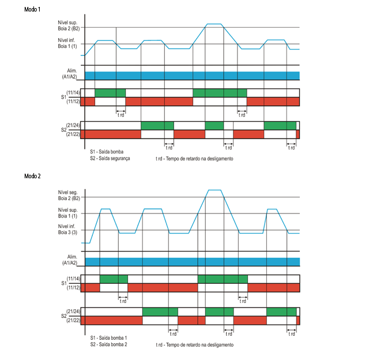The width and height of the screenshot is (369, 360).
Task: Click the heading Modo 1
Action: point(32,10)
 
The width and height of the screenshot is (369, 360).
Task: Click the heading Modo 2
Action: point(32,175)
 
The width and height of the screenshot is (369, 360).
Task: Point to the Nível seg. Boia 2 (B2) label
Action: point(69,194)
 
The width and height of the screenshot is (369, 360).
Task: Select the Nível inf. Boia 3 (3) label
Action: point(69,229)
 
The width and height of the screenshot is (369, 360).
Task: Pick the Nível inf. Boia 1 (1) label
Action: point(69,43)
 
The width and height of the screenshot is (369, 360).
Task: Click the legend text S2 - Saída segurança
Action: point(110,158)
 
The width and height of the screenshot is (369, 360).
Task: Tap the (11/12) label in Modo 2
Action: point(73,287)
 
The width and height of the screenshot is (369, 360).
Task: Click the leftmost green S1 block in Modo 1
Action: point(110,93)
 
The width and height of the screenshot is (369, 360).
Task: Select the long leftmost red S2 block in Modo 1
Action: point(110,134)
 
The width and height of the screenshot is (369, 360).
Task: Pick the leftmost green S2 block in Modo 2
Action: point(160,312)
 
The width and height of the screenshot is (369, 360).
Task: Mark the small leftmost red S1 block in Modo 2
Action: point(90,287)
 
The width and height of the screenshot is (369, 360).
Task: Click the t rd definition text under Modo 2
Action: point(194,344)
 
